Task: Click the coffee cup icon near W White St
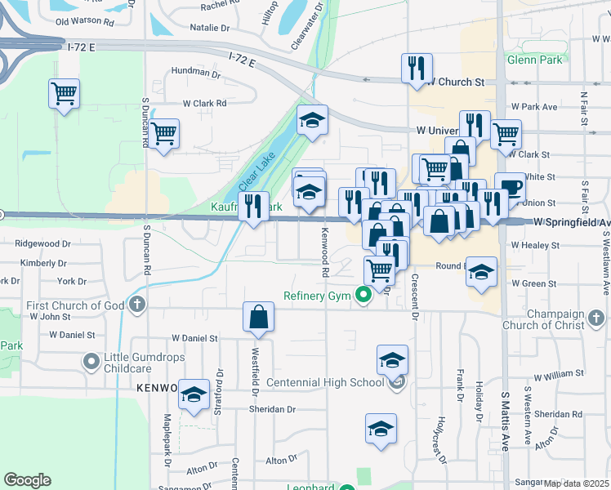click(x=510, y=187)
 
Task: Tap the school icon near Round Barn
click(x=481, y=271)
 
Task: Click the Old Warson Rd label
click(x=84, y=20)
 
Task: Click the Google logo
click(x=27, y=480)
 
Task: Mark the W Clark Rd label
click(x=204, y=104)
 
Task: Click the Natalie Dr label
click(x=209, y=28)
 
